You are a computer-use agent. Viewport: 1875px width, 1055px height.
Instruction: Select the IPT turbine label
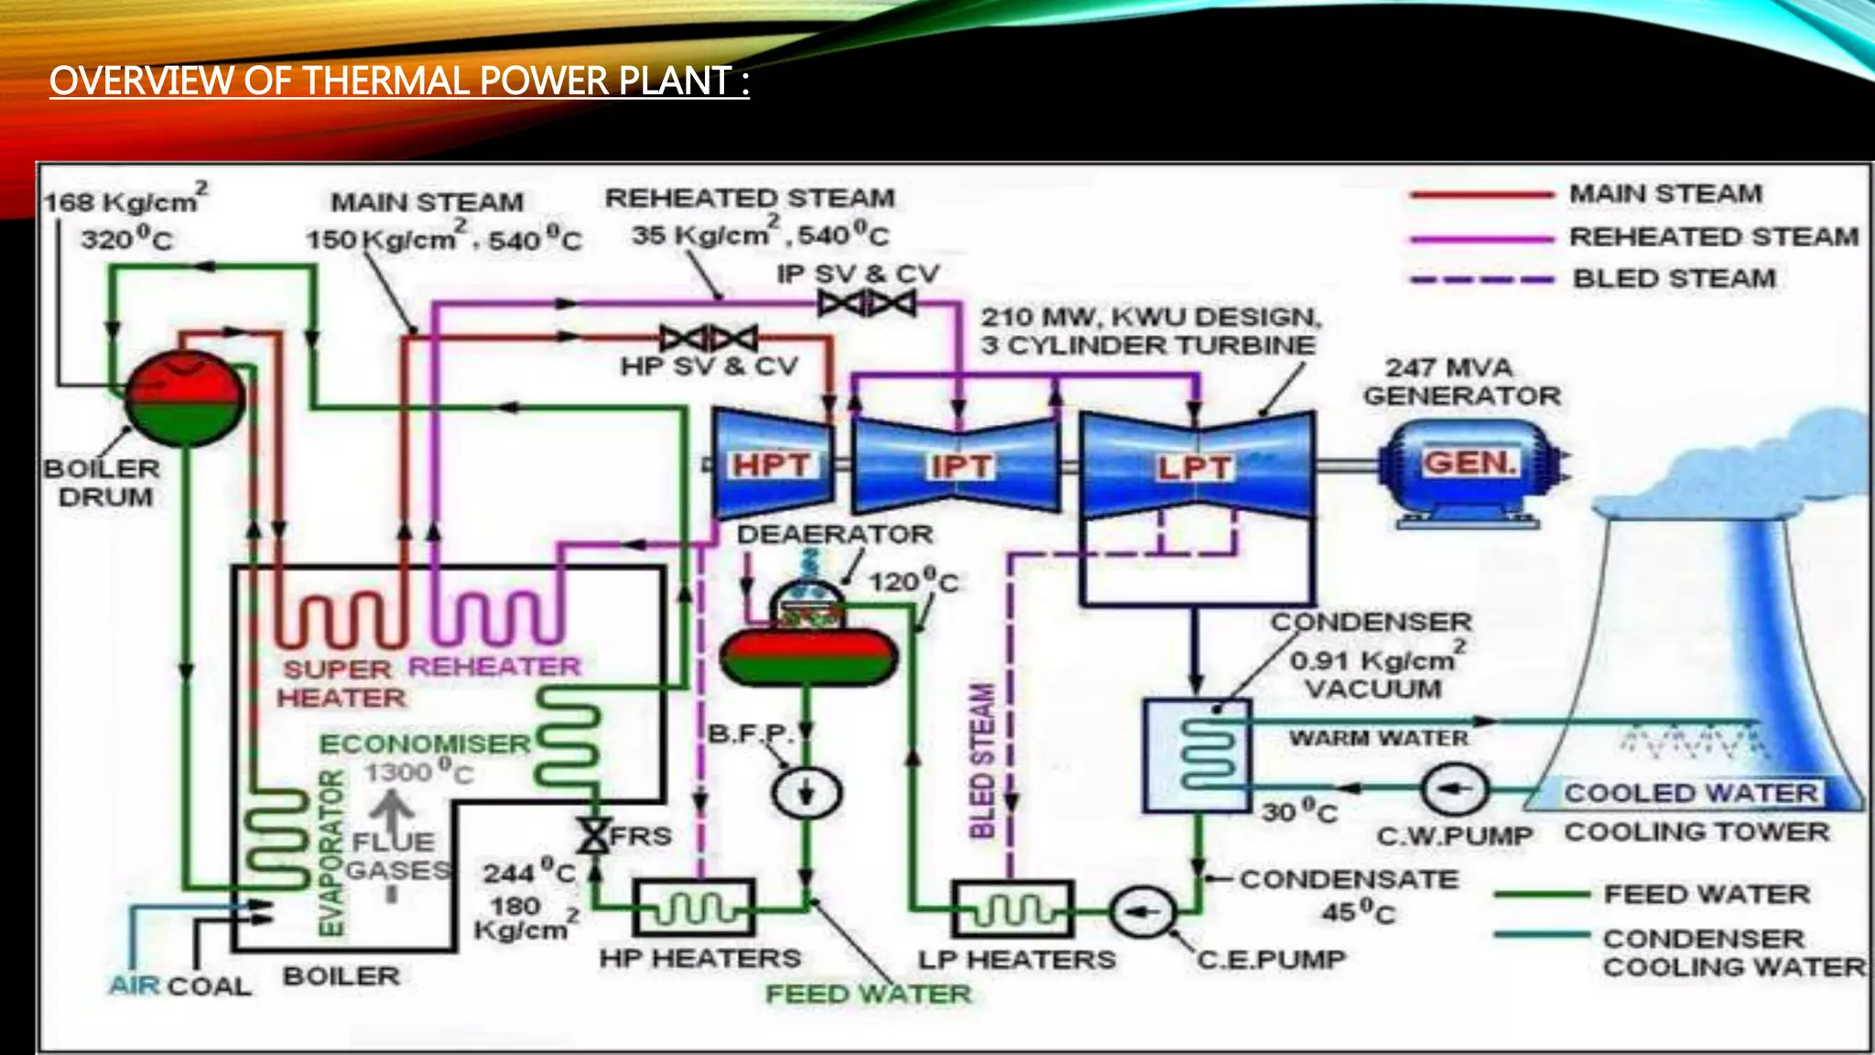pos(960,466)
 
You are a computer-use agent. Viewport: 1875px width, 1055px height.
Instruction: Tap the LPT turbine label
pos(1194,468)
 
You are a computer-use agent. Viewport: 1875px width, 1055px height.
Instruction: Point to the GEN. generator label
pos(1469,462)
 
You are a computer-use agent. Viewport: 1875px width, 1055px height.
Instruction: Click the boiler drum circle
pos(184,399)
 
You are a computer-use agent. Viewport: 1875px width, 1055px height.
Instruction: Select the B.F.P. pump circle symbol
pos(806,792)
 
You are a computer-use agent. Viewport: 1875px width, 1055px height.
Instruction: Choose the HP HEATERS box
pos(695,908)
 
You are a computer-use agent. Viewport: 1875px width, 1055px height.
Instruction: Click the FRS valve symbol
pos(594,835)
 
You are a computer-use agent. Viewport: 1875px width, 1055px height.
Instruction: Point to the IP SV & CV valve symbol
pos(866,303)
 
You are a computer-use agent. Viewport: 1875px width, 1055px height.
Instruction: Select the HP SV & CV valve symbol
pos(709,339)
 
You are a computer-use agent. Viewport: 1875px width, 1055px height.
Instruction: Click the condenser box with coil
pos(1198,756)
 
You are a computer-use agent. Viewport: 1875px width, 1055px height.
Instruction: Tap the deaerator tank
pos(807,650)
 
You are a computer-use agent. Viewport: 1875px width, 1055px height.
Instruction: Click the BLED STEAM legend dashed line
pos(1482,279)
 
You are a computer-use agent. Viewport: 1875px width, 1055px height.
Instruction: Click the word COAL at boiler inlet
pos(209,986)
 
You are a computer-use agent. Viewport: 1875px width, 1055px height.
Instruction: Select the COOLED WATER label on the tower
pos(1690,792)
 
